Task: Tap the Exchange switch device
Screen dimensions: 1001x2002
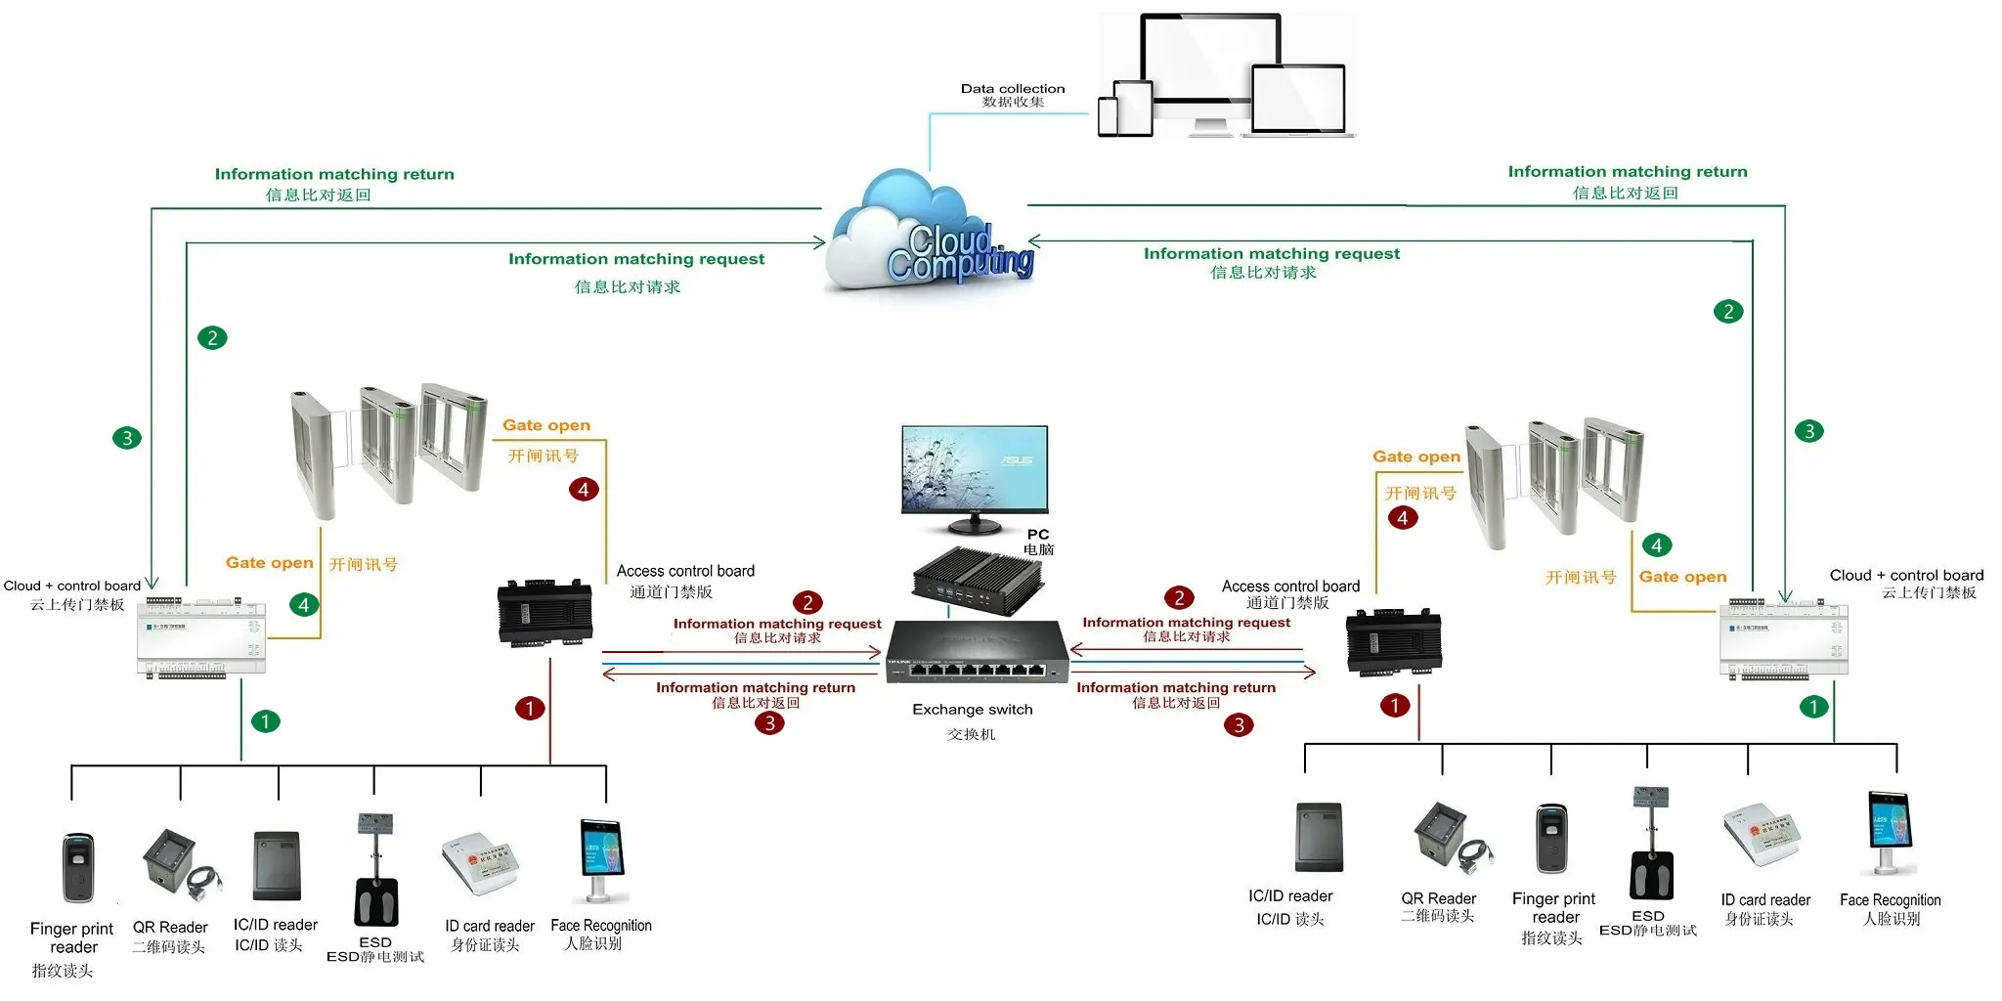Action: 977,653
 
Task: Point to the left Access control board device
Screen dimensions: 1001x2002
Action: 544,613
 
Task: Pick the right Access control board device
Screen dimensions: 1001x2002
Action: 1393,642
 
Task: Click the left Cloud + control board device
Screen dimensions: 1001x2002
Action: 201,635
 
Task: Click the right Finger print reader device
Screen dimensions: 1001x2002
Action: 1551,840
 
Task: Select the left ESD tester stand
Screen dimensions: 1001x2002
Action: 375,869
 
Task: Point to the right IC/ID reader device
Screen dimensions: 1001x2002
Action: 1319,837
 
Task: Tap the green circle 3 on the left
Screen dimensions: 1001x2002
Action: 127,438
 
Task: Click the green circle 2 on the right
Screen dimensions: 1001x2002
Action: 1728,312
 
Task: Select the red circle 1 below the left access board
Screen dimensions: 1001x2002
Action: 530,708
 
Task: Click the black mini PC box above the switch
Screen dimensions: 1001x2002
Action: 978,576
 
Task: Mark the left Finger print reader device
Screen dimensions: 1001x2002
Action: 78,867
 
